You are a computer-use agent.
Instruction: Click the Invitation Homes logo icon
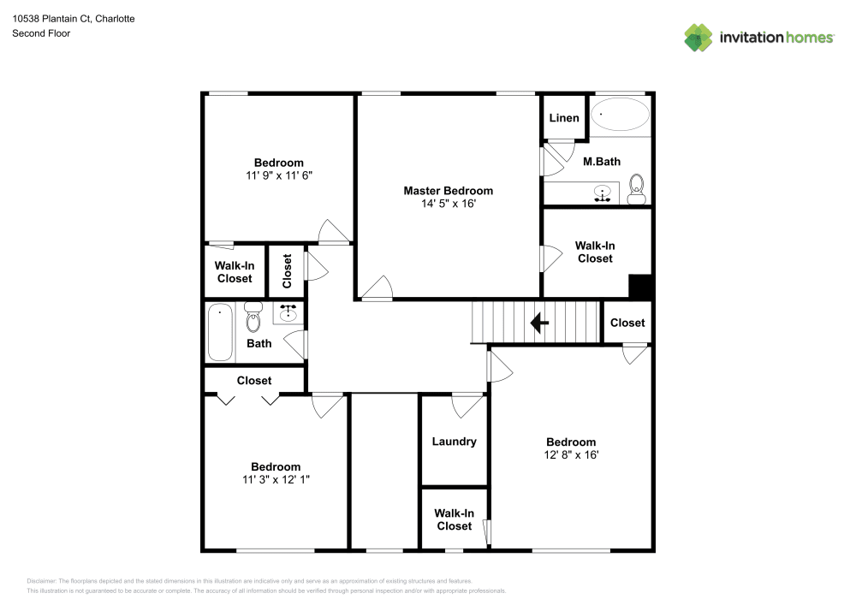click(x=698, y=37)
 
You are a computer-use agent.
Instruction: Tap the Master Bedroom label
click(x=448, y=191)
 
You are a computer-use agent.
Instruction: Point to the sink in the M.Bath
click(x=603, y=194)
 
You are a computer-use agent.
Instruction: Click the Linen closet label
click(x=564, y=118)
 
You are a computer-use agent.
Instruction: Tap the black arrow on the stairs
click(x=539, y=323)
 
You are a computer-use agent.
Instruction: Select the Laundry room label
click(x=454, y=442)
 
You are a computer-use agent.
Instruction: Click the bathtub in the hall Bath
click(x=221, y=331)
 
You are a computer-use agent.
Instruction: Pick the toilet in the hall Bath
click(x=253, y=317)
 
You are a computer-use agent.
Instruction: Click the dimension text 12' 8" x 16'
click(x=571, y=455)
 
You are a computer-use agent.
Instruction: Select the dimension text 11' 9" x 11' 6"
click(x=278, y=175)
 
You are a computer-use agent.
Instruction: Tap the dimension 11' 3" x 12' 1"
click(x=275, y=480)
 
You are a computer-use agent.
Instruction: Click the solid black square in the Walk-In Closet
click(x=640, y=286)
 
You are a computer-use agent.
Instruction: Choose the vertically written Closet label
click(x=287, y=270)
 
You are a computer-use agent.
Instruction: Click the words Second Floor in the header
click(x=41, y=33)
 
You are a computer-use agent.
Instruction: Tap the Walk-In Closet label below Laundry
click(x=454, y=519)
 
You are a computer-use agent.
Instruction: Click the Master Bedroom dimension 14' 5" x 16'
click(x=448, y=205)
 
